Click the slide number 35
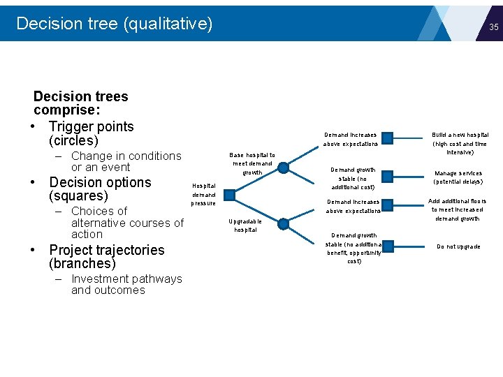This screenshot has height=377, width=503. pyautogui.click(x=493, y=27)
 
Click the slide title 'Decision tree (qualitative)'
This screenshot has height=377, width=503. pyautogui.click(x=114, y=24)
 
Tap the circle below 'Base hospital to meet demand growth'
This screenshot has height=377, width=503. pyautogui.click(x=282, y=167)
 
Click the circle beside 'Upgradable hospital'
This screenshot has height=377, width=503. pyautogui.click(x=282, y=224)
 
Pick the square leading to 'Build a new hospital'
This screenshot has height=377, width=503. pyautogui.click(x=387, y=138)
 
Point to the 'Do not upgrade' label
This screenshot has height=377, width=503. pyautogui.click(x=458, y=246)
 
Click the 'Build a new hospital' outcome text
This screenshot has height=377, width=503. pyautogui.click(x=460, y=143)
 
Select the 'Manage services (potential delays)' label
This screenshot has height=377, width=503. pyautogui.click(x=458, y=177)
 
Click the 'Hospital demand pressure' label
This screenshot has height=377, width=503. pyautogui.click(x=203, y=194)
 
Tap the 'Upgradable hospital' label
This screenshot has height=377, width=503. pyautogui.click(x=245, y=226)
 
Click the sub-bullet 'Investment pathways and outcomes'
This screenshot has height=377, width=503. pyautogui.click(x=126, y=284)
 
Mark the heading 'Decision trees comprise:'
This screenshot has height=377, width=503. pyautogui.click(x=80, y=103)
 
